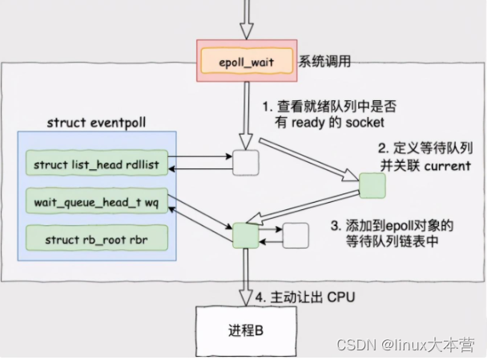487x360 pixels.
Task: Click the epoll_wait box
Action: [x=247, y=61]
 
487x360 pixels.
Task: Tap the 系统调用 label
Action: [x=324, y=61]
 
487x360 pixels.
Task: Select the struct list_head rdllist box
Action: [x=97, y=163]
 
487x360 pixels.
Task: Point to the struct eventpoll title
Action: [x=96, y=123]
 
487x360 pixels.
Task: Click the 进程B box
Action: [x=246, y=331]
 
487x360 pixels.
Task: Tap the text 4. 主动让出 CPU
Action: [x=305, y=297]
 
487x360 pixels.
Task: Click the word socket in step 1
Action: [x=364, y=122]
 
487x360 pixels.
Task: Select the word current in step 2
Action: [x=447, y=166]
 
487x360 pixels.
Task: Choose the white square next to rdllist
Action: [x=246, y=163]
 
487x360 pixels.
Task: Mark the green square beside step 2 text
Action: [x=372, y=185]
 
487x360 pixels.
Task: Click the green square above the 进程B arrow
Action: [x=246, y=236]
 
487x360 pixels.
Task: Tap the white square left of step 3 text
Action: [x=296, y=236]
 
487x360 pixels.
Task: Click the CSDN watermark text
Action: [x=405, y=345]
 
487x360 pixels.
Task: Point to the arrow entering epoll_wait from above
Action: [x=247, y=19]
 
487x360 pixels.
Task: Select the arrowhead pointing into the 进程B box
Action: [x=246, y=299]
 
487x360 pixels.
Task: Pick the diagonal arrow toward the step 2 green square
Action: [x=309, y=160]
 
